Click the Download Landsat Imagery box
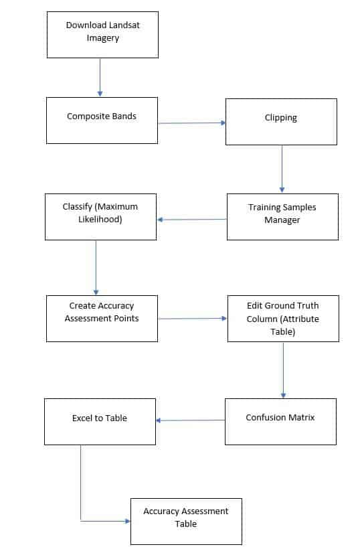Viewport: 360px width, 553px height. pos(102,34)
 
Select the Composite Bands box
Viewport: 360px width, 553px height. pos(102,121)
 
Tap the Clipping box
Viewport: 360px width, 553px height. pos(281,122)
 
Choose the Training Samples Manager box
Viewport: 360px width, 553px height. pos(282,216)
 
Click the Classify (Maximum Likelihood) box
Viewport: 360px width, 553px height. pos(100,216)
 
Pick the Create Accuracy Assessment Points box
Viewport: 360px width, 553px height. pos(102,318)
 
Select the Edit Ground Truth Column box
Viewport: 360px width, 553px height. pos(282,318)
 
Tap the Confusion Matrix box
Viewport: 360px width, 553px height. pos(280,421)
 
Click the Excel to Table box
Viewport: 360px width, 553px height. pos(100,421)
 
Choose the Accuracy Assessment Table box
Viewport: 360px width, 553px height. pos(186,521)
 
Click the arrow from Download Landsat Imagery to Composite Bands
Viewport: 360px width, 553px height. pos(100,77)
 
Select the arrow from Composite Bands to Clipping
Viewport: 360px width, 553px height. pos(191,123)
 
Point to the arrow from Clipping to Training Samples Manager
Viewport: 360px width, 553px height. pos(282,169)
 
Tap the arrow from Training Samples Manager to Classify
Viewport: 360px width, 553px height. pos(192,219)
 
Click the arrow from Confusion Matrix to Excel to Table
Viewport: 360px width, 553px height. pos(190,420)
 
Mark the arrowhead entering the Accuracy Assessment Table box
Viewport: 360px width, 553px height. pos(126,521)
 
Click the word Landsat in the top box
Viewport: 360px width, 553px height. pos(122,25)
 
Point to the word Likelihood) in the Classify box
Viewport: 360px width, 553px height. pos(100,219)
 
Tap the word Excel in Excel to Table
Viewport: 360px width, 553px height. pos(83,418)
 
